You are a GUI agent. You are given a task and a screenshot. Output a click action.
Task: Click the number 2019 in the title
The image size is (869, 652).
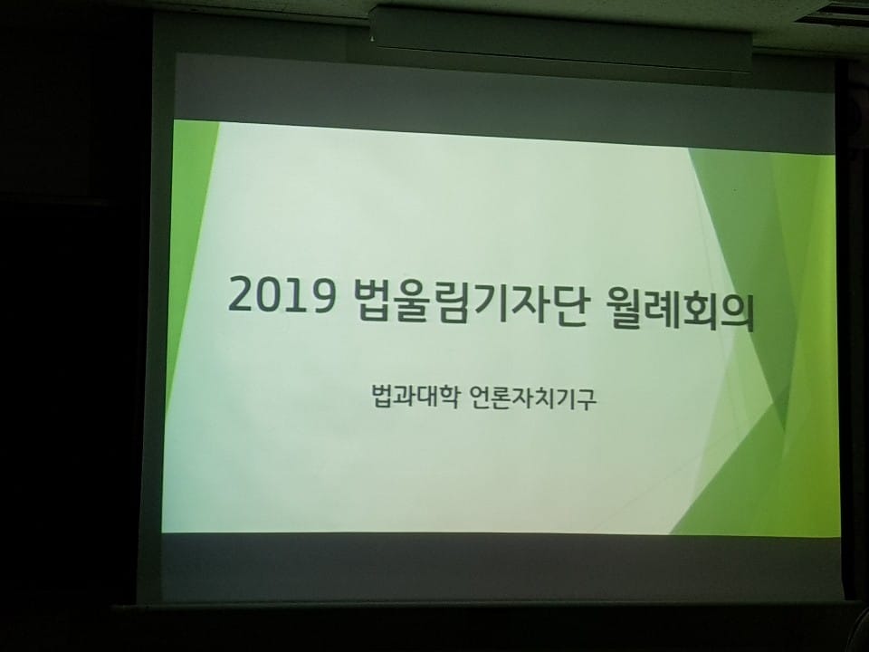[282, 294]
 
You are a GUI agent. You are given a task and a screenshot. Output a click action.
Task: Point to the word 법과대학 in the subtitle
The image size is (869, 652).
[415, 396]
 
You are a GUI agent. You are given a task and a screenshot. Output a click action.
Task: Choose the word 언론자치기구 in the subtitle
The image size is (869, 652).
[533, 398]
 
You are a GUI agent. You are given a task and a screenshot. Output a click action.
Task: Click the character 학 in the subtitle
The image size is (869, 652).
[448, 397]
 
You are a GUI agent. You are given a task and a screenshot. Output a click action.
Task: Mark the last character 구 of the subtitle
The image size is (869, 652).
[587, 399]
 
